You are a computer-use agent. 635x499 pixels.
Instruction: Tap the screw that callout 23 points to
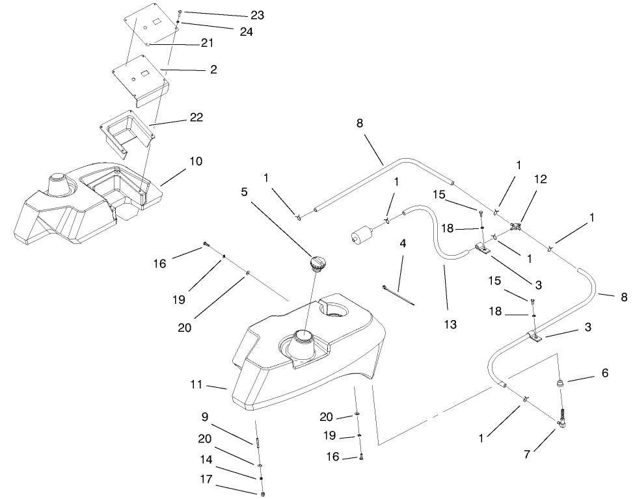(180, 13)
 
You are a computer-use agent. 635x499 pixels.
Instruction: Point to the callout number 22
(196, 118)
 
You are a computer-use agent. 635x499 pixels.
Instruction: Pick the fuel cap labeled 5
(317, 263)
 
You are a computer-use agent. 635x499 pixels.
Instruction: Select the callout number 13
(450, 324)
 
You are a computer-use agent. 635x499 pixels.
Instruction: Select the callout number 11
(197, 385)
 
